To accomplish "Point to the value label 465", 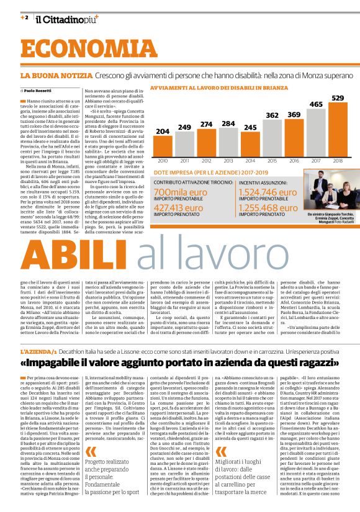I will coord(316,104).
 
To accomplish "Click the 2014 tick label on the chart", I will coord(250,161).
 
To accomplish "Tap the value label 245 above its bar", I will coord(250,127).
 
